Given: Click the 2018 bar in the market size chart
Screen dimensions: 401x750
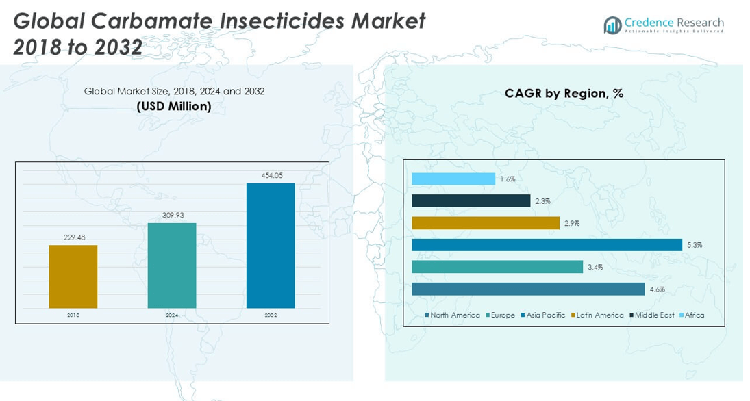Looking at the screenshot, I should click(x=73, y=276).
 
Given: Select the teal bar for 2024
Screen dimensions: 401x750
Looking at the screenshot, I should click(x=171, y=266).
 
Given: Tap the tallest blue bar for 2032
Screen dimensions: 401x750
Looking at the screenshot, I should click(x=271, y=246).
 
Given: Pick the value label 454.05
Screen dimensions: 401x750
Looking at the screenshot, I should click(x=271, y=176).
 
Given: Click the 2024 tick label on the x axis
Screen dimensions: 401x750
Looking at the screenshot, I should click(x=171, y=315).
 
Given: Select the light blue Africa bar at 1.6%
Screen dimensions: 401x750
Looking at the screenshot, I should click(x=453, y=179).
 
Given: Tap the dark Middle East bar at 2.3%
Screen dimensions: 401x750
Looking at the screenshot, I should click(x=471, y=200).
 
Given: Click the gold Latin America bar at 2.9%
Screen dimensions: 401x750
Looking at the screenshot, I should click(x=485, y=223).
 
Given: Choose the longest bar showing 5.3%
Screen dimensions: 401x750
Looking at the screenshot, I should click(x=547, y=245).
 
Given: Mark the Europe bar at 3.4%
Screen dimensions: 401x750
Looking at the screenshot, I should click(x=497, y=267).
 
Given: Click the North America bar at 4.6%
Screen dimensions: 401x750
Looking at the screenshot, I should click(x=527, y=289).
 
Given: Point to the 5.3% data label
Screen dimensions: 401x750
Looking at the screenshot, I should click(x=695, y=245).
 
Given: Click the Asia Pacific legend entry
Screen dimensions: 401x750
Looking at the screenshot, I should click(x=545, y=315).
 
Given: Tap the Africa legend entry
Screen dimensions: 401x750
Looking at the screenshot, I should click(x=694, y=315).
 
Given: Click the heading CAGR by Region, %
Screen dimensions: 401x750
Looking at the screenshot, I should click(x=564, y=94).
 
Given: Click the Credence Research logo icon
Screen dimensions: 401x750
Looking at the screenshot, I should click(x=612, y=25).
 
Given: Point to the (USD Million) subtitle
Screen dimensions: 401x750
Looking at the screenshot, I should click(x=174, y=106).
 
